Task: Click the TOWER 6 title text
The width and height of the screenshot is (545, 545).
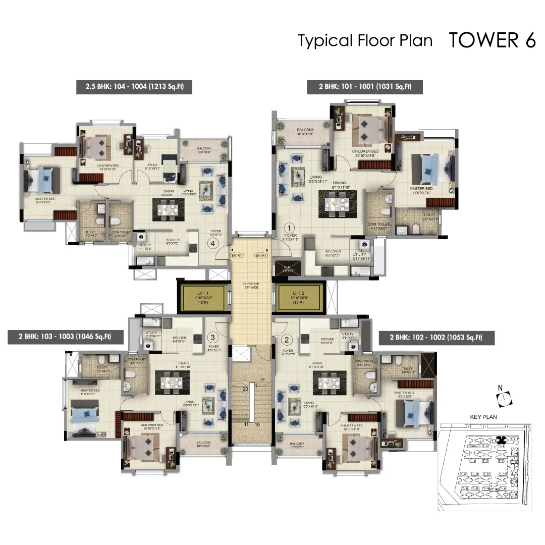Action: (x=492, y=40)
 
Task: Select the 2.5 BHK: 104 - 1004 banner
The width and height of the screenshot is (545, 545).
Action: (x=134, y=87)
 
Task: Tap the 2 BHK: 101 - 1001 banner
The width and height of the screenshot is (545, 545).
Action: (x=365, y=87)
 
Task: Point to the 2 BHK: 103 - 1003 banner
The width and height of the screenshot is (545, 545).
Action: (x=66, y=337)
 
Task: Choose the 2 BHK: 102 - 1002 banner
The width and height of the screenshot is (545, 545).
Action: (x=437, y=338)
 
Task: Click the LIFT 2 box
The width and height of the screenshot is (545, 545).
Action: (x=299, y=297)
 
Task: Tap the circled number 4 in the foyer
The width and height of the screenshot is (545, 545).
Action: (x=213, y=243)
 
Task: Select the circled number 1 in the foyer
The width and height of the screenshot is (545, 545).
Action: (x=290, y=228)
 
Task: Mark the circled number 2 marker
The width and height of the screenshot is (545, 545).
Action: (x=287, y=340)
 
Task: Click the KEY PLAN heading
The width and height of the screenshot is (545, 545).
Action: (x=483, y=417)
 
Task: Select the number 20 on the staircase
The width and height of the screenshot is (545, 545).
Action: (x=245, y=389)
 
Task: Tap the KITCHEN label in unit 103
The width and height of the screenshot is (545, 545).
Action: (x=179, y=338)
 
